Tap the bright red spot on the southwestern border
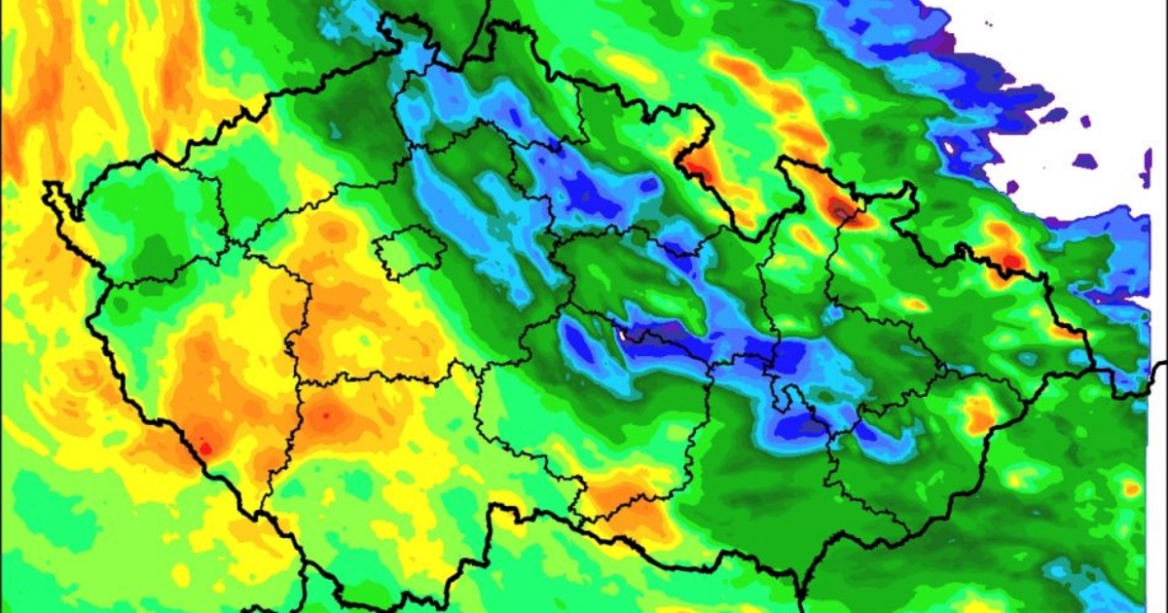[x=203, y=448]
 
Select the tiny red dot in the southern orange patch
[x=325, y=415]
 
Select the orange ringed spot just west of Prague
[x=333, y=231]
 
